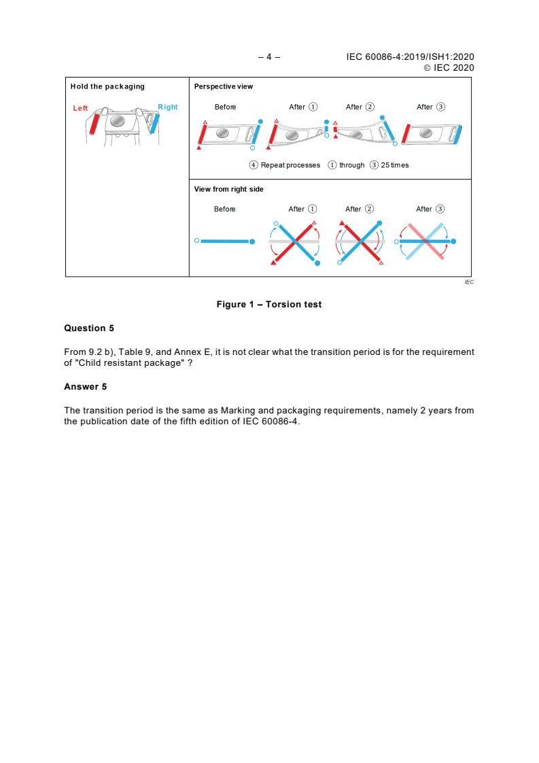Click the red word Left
pos(81,108)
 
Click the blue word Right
pos(168,107)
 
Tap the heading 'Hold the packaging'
pos(107,86)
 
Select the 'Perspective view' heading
pos(224,86)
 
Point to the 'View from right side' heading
pos(229,189)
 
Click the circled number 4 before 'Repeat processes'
pos(254,165)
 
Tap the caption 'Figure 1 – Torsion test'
pos(269,304)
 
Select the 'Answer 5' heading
pos(85,387)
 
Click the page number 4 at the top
pos(269,57)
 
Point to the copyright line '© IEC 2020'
pos(449,67)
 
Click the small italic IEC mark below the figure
pos(469,282)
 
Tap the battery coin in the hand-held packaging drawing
pos(118,120)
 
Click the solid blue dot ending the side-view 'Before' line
pos(252,241)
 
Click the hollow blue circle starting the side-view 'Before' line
pos(196,241)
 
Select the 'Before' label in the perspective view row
pos(225,107)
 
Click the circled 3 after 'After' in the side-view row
pos(440,209)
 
